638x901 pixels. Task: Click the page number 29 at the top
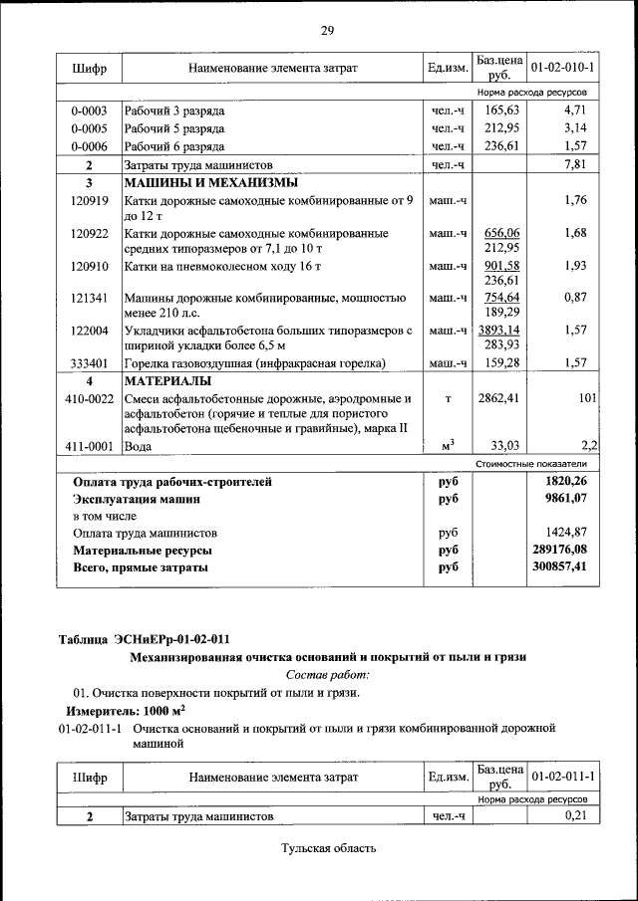(326, 31)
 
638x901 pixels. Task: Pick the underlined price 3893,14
(501, 330)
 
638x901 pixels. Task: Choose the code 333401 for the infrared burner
(89, 363)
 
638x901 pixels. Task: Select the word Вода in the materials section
(138, 447)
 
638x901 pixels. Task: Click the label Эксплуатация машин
(136, 499)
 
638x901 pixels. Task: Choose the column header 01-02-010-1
(563, 68)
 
